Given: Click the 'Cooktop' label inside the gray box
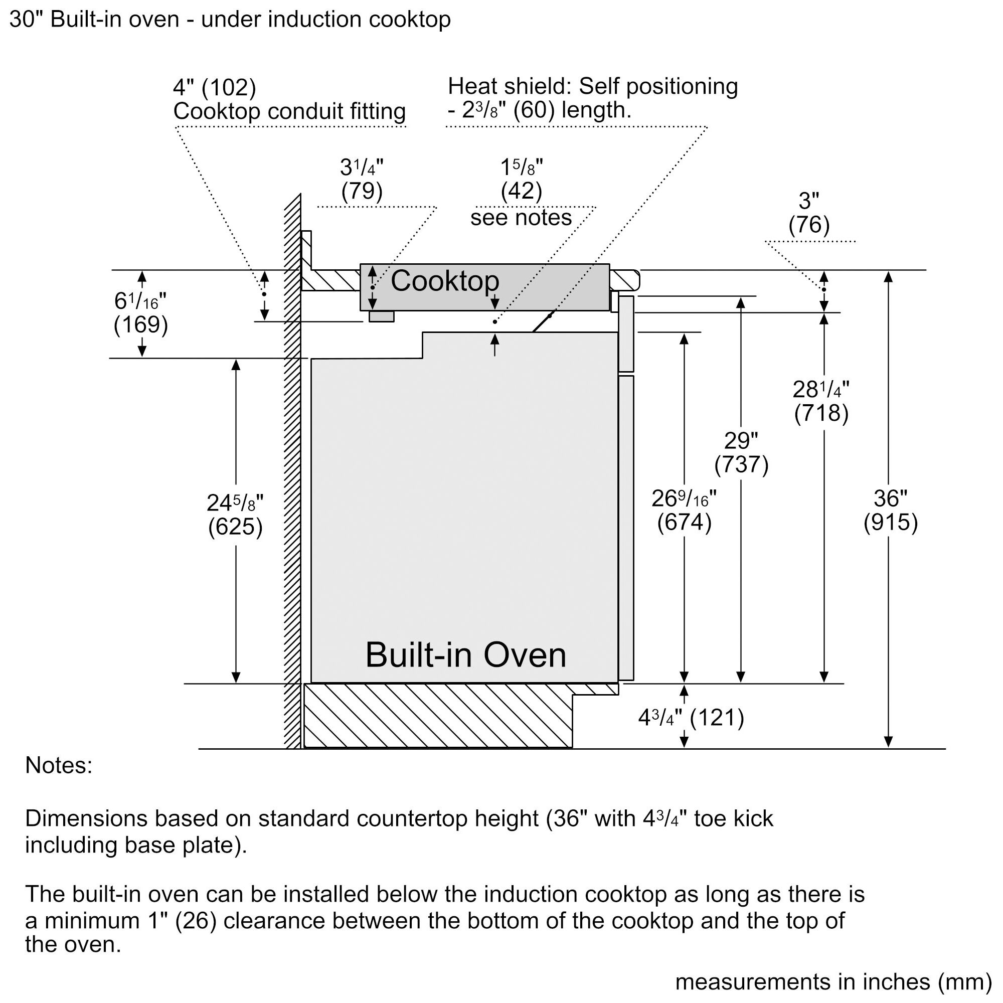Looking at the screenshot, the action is pyautogui.click(x=444, y=281).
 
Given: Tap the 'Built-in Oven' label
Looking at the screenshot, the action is pyautogui.click(x=466, y=654).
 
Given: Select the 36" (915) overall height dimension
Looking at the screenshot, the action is pyautogui.click(x=890, y=511).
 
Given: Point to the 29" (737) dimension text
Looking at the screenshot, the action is pyautogui.click(x=741, y=453).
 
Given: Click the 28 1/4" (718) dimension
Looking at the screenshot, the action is pyautogui.click(x=821, y=401).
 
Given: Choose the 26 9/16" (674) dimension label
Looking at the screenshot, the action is pyautogui.click(x=684, y=511).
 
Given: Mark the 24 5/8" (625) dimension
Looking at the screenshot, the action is pyautogui.click(x=235, y=515).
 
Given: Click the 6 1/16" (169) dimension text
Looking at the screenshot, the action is pyautogui.click(x=141, y=313).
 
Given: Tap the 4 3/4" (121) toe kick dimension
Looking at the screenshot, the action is pyautogui.click(x=691, y=718).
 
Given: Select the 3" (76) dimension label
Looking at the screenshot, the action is pyautogui.click(x=809, y=213).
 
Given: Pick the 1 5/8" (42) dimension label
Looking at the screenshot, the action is pyautogui.click(x=521, y=180).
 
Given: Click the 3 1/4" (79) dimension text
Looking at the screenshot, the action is pyautogui.click(x=362, y=180).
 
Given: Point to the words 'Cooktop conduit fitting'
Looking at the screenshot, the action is pyautogui.click(x=289, y=111).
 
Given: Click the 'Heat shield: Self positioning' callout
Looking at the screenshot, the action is pyautogui.click(x=593, y=86).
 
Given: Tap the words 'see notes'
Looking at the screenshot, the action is pyautogui.click(x=521, y=217).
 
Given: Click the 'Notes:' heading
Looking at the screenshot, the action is pyautogui.click(x=59, y=765).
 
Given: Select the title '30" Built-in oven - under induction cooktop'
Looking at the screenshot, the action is pyautogui.click(x=230, y=20).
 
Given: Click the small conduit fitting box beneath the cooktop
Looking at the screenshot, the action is pyautogui.click(x=382, y=316).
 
